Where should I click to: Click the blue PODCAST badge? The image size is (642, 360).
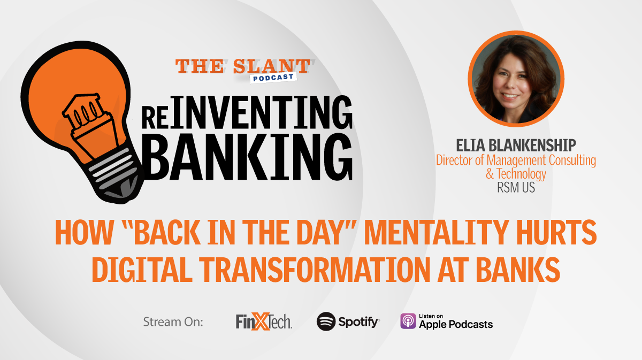[273, 78]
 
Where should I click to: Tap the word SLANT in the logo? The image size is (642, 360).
[271, 66]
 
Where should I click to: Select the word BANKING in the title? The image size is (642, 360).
[248, 157]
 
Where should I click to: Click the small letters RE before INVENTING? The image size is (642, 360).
[155, 118]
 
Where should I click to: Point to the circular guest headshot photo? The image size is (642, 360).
[516, 79]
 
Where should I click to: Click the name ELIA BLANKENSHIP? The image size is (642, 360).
[516, 145]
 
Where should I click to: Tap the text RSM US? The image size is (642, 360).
[516, 188]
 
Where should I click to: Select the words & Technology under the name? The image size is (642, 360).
[516, 174]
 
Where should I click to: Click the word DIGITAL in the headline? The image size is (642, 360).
[142, 269]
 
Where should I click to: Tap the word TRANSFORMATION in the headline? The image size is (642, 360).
[315, 269]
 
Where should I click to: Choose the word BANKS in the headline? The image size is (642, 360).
[518, 269]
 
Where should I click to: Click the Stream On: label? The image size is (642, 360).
[173, 322]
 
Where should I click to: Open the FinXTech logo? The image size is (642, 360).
[264, 321]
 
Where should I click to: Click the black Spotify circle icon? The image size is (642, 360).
[326, 321]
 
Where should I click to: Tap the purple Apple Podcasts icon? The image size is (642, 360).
[408, 321]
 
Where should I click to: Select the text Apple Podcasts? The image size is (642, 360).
[456, 325]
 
